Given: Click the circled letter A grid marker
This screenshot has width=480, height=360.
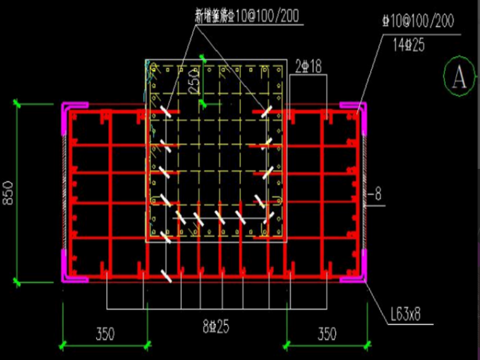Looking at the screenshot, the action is (459, 78).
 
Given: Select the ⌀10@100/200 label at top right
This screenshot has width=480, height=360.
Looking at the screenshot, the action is (417, 21).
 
